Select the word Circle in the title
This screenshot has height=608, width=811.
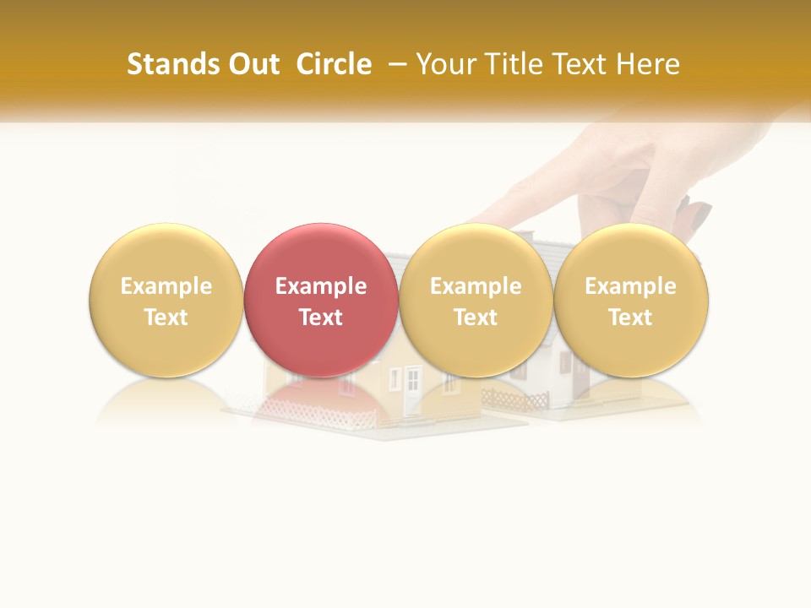[334, 64]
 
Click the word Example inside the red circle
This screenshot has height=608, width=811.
[321, 286]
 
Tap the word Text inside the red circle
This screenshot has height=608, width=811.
[321, 318]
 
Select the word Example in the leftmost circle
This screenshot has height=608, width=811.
[166, 286]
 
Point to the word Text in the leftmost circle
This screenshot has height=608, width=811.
[166, 318]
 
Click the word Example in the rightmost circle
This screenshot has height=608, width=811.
[630, 286]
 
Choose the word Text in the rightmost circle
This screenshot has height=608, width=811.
[630, 318]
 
